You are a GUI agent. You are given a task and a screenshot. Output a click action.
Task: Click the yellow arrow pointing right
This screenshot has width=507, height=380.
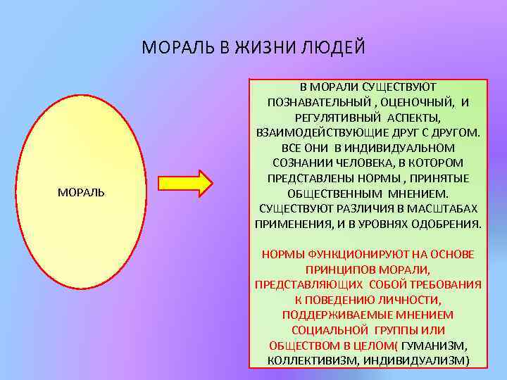click(185, 183)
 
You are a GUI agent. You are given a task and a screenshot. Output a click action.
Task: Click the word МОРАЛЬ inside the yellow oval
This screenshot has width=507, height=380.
click(81, 192)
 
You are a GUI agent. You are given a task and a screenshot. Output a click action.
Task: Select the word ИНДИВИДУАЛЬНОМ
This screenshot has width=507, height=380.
click(408, 148)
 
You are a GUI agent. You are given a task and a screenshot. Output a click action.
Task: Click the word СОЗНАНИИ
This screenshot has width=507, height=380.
click(298, 163)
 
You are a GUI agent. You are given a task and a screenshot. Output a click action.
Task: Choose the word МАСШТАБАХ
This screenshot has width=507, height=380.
click(444, 209)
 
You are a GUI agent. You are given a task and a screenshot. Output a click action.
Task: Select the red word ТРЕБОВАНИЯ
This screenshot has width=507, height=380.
click(446, 284)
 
